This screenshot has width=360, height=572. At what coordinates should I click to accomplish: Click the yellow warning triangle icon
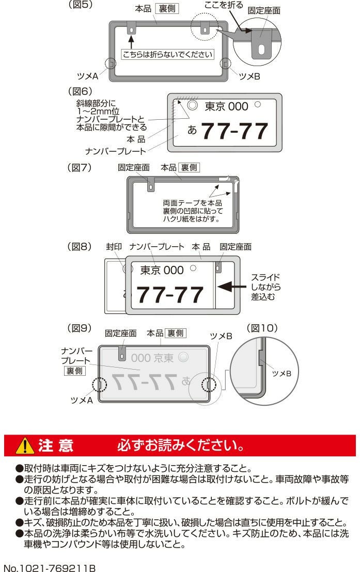(x=25, y=446)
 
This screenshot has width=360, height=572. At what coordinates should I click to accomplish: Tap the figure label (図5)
(x=81, y=5)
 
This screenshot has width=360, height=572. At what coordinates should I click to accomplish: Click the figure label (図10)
(x=262, y=328)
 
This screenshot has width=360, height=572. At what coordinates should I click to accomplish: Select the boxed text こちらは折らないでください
(x=167, y=54)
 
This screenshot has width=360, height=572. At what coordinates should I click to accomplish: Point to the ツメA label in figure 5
(x=88, y=76)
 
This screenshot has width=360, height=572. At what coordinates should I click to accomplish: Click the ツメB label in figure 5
(x=249, y=76)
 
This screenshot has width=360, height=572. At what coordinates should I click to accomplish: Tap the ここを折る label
(x=224, y=5)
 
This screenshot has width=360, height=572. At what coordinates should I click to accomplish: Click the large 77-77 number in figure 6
(x=235, y=131)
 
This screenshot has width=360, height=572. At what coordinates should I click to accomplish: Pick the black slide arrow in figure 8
(x=232, y=287)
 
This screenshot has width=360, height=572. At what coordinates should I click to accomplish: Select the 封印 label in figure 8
(x=114, y=247)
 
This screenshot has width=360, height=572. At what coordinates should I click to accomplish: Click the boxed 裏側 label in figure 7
(x=189, y=167)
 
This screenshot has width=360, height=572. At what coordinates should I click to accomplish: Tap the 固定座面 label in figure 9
(x=120, y=333)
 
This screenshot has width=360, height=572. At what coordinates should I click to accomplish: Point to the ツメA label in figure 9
(x=82, y=400)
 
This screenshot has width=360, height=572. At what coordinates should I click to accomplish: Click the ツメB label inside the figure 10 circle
(x=281, y=373)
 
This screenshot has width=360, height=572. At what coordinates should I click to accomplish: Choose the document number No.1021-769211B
(x=50, y=568)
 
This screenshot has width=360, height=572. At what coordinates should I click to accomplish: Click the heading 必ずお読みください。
(x=181, y=446)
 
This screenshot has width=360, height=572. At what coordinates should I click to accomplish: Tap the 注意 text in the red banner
(x=55, y=446)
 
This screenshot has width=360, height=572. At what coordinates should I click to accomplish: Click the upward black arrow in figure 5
(x=131, y=42)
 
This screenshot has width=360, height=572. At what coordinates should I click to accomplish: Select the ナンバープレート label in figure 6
(x=115, y=151)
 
